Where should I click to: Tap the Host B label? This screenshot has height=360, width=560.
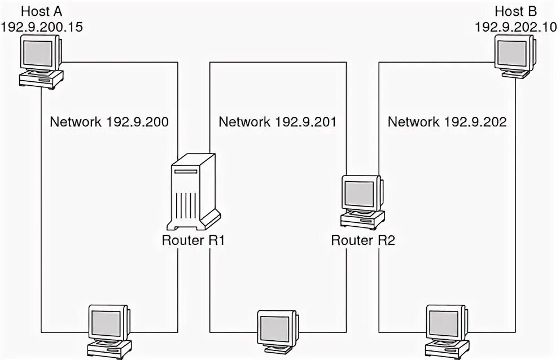click(515, 11)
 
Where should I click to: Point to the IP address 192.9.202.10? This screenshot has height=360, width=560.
click(515, 26)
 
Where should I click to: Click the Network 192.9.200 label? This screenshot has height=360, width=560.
click(109, 121)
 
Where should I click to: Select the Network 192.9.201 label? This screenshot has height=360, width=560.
click(278, 121)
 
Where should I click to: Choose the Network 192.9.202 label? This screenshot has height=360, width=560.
click(447, 121)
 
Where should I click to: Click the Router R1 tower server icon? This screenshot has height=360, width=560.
click(195, 192)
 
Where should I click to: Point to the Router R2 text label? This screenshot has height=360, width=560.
click(363, 240)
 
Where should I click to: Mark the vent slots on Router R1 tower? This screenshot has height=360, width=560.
click(187, 207)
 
